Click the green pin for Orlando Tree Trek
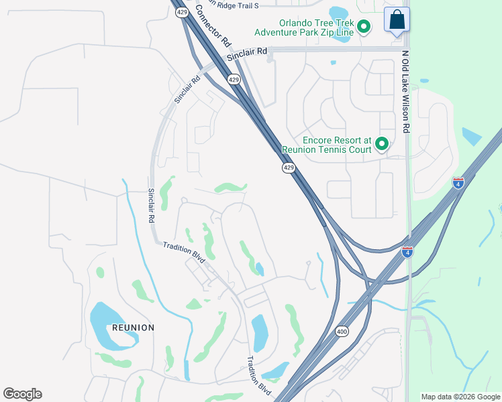(x=364, y=27)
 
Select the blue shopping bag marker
(x=397, y=20)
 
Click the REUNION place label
(x=133, y=328)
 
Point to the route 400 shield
(x=342, y=332)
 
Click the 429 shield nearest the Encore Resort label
(x=288, y=167)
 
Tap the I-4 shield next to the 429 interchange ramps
(x=407, y=252)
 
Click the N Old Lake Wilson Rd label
(x=405, y=91)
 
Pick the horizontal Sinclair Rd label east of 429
(x=247, y=54)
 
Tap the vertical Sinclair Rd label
(x=152, y=206)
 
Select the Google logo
(x=22, y=394)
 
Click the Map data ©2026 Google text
(x=460, y=397)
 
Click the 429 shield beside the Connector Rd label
(x=182, y=12)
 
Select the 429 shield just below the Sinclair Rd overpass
(x=234, y=79)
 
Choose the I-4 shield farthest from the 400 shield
(x=458, y=182)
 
